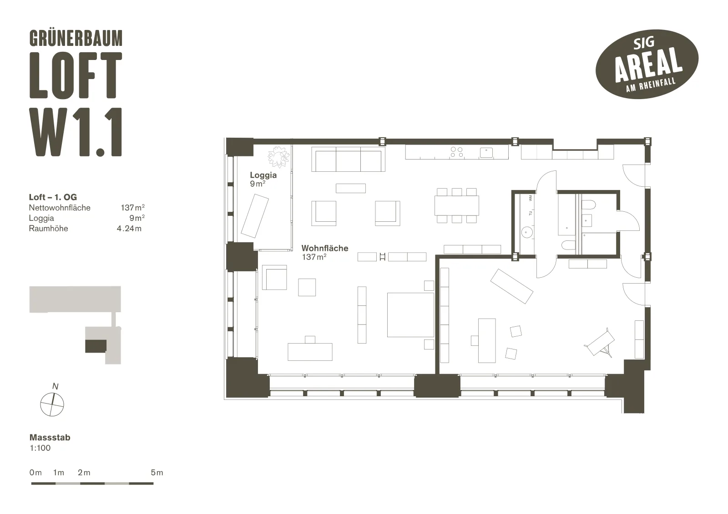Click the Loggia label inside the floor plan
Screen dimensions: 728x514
(x=263, y=175)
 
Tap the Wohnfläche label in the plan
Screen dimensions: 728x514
(x=325, y=249)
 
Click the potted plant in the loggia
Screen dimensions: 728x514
(x=278, y=157)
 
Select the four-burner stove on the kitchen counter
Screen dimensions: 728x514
(x=457, y=152)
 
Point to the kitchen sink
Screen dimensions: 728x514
(x=486, y=153)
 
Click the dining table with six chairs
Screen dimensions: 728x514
(x=457, y=205)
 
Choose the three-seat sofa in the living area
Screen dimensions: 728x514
(x=348, y=159)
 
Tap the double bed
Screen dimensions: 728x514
(x=410, y=315)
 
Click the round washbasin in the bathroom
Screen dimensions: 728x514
(x=526, y=232)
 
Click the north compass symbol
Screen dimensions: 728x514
(x=52, y=404)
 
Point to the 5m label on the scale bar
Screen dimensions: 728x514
(x=157, y=473)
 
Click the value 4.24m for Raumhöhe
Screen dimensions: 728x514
(x=129, y=229)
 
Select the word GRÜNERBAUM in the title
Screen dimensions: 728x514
(x=76, y=38)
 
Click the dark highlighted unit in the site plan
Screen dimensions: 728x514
(x=96, y=346)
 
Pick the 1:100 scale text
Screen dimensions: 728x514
(x=40, y=448)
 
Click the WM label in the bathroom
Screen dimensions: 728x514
(x=531, y=198)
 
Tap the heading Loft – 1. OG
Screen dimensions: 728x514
(x=53, y=197)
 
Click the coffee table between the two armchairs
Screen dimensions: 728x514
(x=351, y=188)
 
